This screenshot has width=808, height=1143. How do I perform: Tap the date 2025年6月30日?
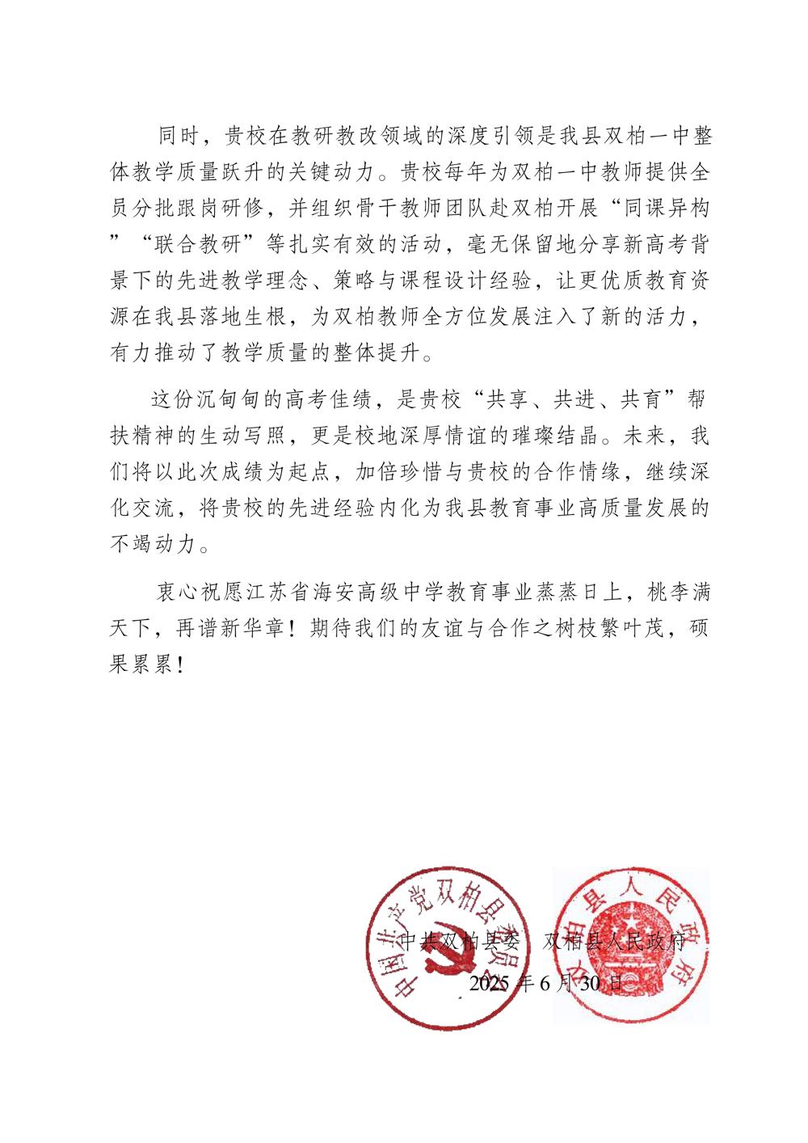(x=546, y=984)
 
